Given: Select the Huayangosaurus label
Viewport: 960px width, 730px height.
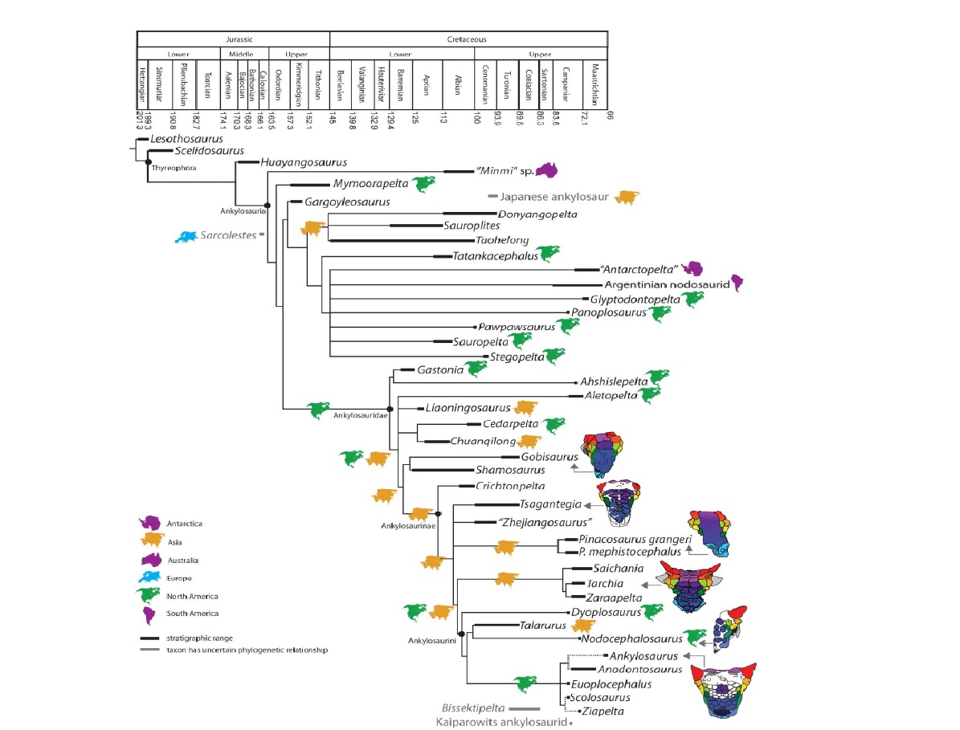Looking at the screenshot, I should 296,161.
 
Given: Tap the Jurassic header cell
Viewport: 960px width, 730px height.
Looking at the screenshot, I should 234,39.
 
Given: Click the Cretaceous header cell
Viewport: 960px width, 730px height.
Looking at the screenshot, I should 468,39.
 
